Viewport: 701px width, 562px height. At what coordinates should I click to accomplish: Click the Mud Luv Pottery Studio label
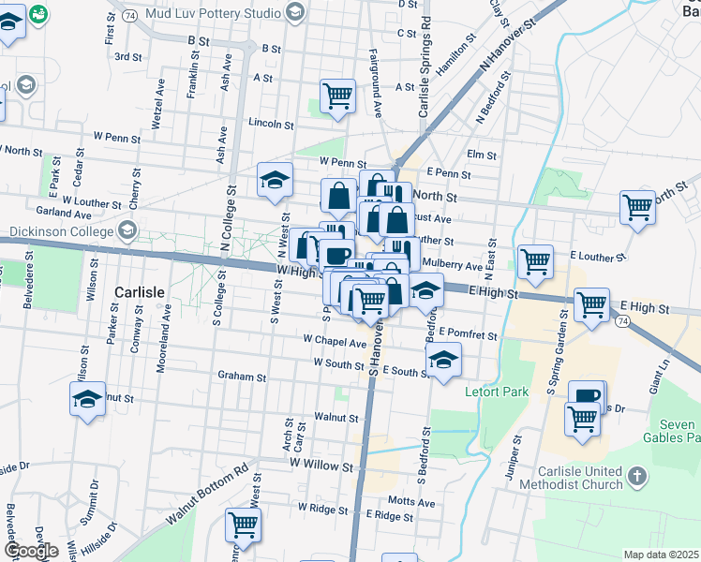click(215, 14)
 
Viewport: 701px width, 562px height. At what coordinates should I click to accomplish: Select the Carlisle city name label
click(139, 291)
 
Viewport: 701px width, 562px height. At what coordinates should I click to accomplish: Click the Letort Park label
click(497, 392)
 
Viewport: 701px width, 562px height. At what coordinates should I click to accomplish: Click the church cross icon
click(636, 477)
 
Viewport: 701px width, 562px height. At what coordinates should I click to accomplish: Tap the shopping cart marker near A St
click(336, 95)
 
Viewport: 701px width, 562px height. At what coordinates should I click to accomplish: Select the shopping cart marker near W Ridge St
click(243, 525)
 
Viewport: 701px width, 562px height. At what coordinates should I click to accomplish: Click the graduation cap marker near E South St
click(443, 359)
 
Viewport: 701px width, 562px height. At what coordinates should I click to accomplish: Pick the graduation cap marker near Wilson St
click(87, 399)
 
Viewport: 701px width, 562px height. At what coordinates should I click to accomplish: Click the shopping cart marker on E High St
click(592, 304)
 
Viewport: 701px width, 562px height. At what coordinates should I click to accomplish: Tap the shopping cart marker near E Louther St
click(535, 261)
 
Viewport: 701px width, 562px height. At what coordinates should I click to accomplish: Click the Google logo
click(31, 551)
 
